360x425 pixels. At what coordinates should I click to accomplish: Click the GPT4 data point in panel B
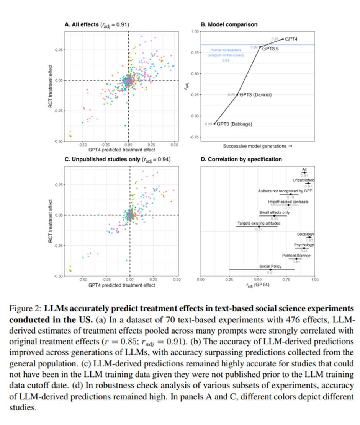(283, 39)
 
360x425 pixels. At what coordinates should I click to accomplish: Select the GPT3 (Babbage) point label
(234, 124)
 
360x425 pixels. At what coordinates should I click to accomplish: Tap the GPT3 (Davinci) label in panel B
(255, 94)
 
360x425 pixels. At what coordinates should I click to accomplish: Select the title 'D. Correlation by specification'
(241, 159)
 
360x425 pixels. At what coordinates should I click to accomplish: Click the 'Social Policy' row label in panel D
(270, 266)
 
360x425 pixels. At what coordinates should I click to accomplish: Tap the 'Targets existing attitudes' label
(259, 223)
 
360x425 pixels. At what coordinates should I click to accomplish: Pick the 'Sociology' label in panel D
(306, 234)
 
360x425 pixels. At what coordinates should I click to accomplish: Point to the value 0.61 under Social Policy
(270, 272)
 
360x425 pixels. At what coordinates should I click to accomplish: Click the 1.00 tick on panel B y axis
(195, 31)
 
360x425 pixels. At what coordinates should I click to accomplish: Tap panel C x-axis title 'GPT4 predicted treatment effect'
(122, 285)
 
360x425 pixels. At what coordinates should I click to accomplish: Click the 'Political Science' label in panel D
(296, 256)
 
